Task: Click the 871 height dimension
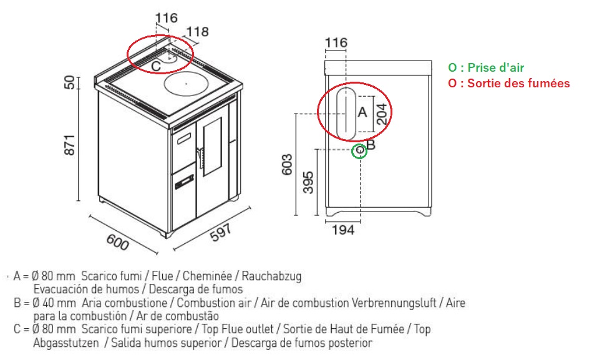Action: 70,145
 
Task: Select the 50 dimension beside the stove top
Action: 70,82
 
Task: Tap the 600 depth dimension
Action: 117,242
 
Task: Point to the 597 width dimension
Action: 221,232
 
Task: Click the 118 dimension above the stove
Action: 198,32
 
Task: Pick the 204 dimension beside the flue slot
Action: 382,114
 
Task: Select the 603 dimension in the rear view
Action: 287,164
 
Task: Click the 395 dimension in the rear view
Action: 308,182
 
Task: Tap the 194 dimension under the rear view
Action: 343,230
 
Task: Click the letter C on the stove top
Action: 156,66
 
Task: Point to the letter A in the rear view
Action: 362,112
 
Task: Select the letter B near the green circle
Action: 371,145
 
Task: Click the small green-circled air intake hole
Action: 359,151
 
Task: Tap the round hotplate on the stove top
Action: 186,83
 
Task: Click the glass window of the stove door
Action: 213,147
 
